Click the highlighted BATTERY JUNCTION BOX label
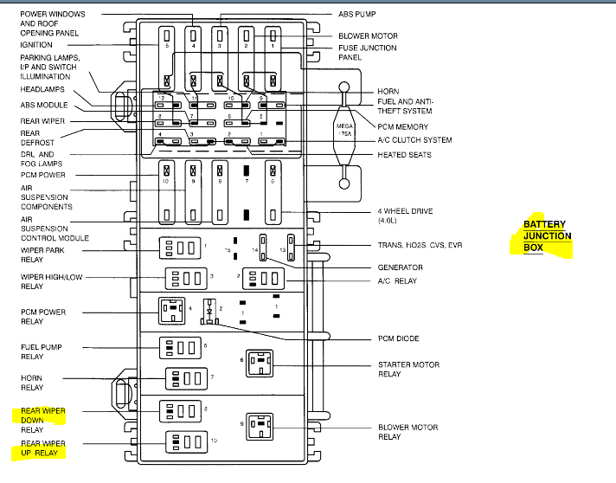point(547,235)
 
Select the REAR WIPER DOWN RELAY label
point(43,419)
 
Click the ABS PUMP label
point(357,15)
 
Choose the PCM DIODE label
point(400,338)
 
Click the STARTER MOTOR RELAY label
point(407,370)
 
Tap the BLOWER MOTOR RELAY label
point(407,432)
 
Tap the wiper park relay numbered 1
point(179,248)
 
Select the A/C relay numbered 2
point(263,279)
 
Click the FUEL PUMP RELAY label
point(41,351)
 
